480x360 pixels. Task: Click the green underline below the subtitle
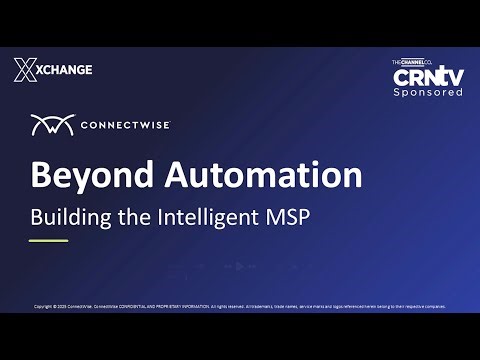pyautogui.click(x=49, y=240)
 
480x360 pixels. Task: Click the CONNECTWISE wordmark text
pyautogui.click(x=124, y=126)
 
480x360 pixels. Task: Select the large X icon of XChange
pyautogui.click(x=25, y=69)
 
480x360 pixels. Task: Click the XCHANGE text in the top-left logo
pyautogui.click(x=65, y=69)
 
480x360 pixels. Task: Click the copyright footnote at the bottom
pyautogui.click(x=240, y=306)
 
